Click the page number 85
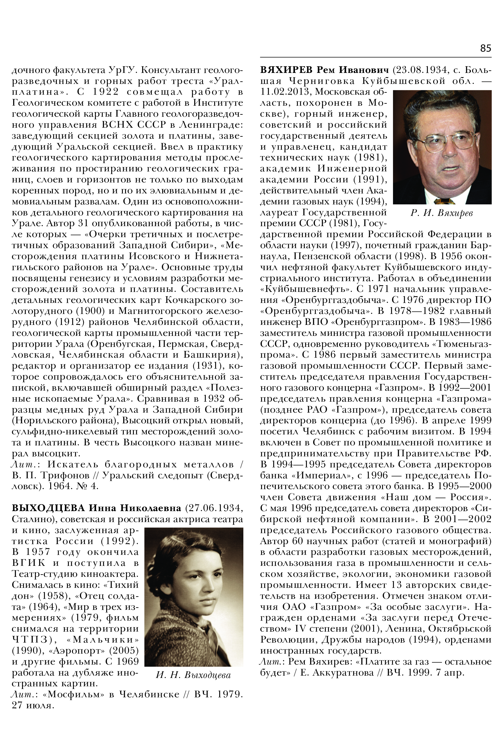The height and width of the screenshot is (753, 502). (485, 48)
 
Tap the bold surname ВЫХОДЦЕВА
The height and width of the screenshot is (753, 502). (48, 508)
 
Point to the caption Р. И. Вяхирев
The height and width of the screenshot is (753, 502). (442, 213)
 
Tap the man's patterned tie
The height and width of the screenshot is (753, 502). (444, 201)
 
